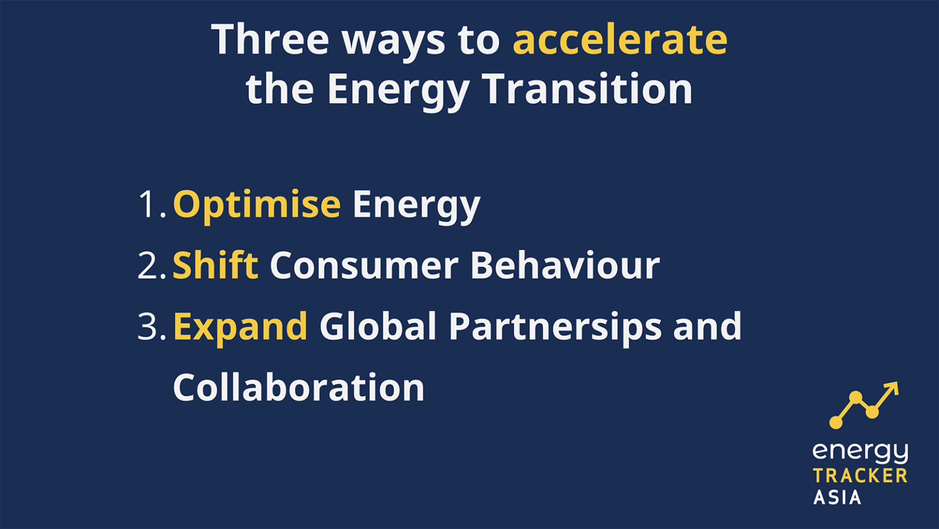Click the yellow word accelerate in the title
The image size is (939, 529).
point(620,39)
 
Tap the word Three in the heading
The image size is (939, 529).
point(270,39)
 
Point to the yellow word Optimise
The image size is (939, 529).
point(257,204)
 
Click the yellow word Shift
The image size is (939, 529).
point(215,265)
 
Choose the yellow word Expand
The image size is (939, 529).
point(240,327)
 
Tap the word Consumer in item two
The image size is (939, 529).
point(364,265)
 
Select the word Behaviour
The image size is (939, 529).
point(565,265)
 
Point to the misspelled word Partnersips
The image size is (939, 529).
point(555,327)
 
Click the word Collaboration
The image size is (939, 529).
point(298,387)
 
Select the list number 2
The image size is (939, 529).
point(150,265)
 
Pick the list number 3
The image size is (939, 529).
point(150,327)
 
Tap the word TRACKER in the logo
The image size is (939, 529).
point(860,476)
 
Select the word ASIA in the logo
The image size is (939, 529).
point(837,497)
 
